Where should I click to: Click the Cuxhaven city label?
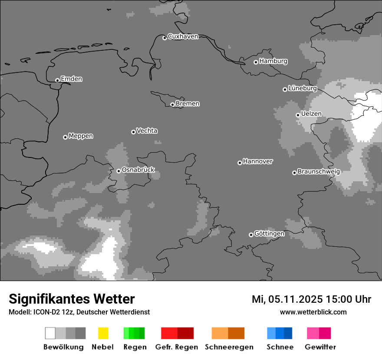[183, 36]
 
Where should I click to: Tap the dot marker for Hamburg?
[256, 62]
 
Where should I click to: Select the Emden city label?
[71, 79]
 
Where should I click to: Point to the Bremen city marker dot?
[172, 105]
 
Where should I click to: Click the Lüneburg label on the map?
[302, 88]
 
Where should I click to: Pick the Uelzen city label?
[311, 114]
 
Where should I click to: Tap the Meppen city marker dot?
[65, 137]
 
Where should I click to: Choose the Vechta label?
[147, 131]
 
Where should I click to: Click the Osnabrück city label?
[138, 170]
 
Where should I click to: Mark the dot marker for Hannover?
[240, 163]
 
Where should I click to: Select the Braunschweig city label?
[319, 171]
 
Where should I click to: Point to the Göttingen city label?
[269, 233]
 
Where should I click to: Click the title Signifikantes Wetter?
[72, 299]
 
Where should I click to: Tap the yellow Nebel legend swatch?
[103, 333]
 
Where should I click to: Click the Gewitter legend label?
[320, 347]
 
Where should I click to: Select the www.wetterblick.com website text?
[313, 312]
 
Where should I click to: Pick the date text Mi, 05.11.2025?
[287, 299]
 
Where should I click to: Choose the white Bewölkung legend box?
[50, 333]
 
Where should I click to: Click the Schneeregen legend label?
[229, 347]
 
